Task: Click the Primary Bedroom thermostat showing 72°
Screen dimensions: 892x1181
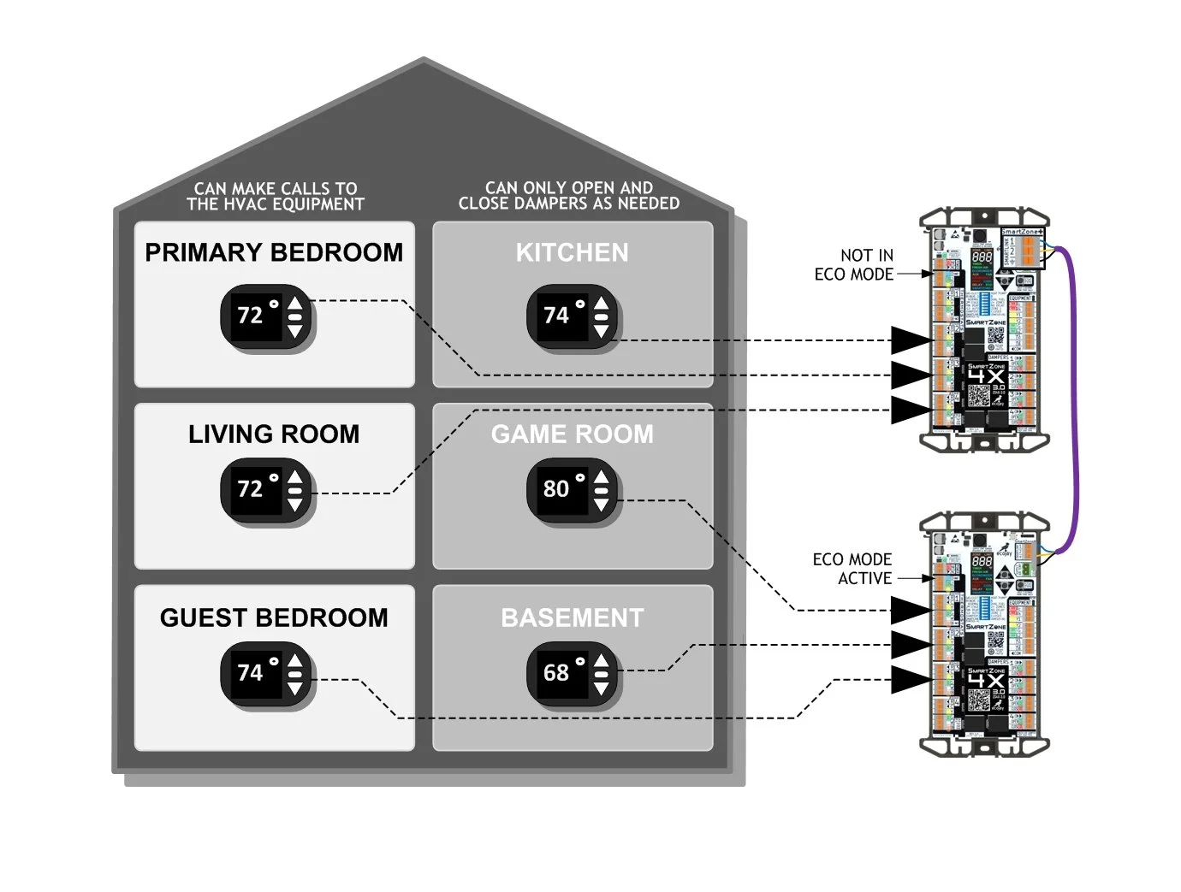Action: pos(267,316)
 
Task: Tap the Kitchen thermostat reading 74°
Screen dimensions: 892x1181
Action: pos(573,316)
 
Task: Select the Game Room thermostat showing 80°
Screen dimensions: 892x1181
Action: pos(573,489)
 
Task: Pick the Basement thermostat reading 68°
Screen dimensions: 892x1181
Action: pos(573,673)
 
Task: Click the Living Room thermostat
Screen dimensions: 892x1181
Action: pos(267,490)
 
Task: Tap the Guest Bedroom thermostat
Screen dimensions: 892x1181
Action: pos(267,673)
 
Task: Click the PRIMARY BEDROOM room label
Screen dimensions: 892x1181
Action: pos(274,253)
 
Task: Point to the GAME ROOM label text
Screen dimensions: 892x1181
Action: pos(572,434)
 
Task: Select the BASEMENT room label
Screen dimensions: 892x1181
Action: pos(572,618)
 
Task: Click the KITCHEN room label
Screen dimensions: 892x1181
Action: pos(572,253)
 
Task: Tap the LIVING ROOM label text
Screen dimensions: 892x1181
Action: pos(274,434)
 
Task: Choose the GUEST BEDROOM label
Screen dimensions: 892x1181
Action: pos(274,618)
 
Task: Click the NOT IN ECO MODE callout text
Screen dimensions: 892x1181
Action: pos(856,265)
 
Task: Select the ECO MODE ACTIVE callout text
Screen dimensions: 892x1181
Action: pos(853,569)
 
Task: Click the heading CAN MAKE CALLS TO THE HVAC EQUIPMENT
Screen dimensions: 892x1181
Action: pos(276,196)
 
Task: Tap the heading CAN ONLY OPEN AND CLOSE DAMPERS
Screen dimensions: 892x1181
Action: pos(568,195)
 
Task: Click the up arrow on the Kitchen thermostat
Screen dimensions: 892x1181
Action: pos(602,304)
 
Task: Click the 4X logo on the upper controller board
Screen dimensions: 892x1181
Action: pos(986,376)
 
